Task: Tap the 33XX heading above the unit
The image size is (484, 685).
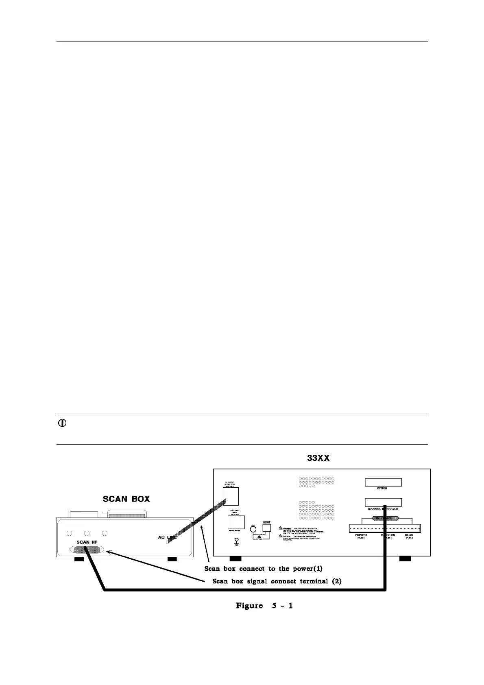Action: pos(318,458)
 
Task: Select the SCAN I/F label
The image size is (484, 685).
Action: pos(88,542)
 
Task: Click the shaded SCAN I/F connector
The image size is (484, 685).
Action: pos(87,550)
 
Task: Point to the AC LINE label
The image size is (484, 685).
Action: pos(168,537)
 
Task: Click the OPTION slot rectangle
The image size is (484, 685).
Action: pos(383,482)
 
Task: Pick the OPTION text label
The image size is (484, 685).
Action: pos(382,488)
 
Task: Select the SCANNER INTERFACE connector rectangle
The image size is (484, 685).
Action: pos(383,502)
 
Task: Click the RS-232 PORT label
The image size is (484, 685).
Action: pos(409,537)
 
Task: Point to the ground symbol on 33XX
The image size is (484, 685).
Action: pos(235,541)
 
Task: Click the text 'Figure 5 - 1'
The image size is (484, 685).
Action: pos(264,606)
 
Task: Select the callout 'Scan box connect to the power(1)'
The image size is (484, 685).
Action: pos(263,568)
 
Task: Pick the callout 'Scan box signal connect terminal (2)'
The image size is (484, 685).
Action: pos(277,581)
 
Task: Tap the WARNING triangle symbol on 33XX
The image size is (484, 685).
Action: pos(281,528)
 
